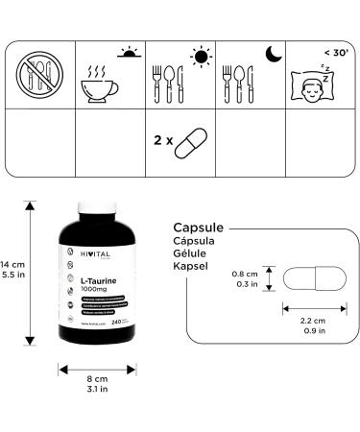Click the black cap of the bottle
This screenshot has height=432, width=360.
tap(97, 215)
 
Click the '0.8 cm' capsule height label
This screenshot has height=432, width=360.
tap(244, 274)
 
